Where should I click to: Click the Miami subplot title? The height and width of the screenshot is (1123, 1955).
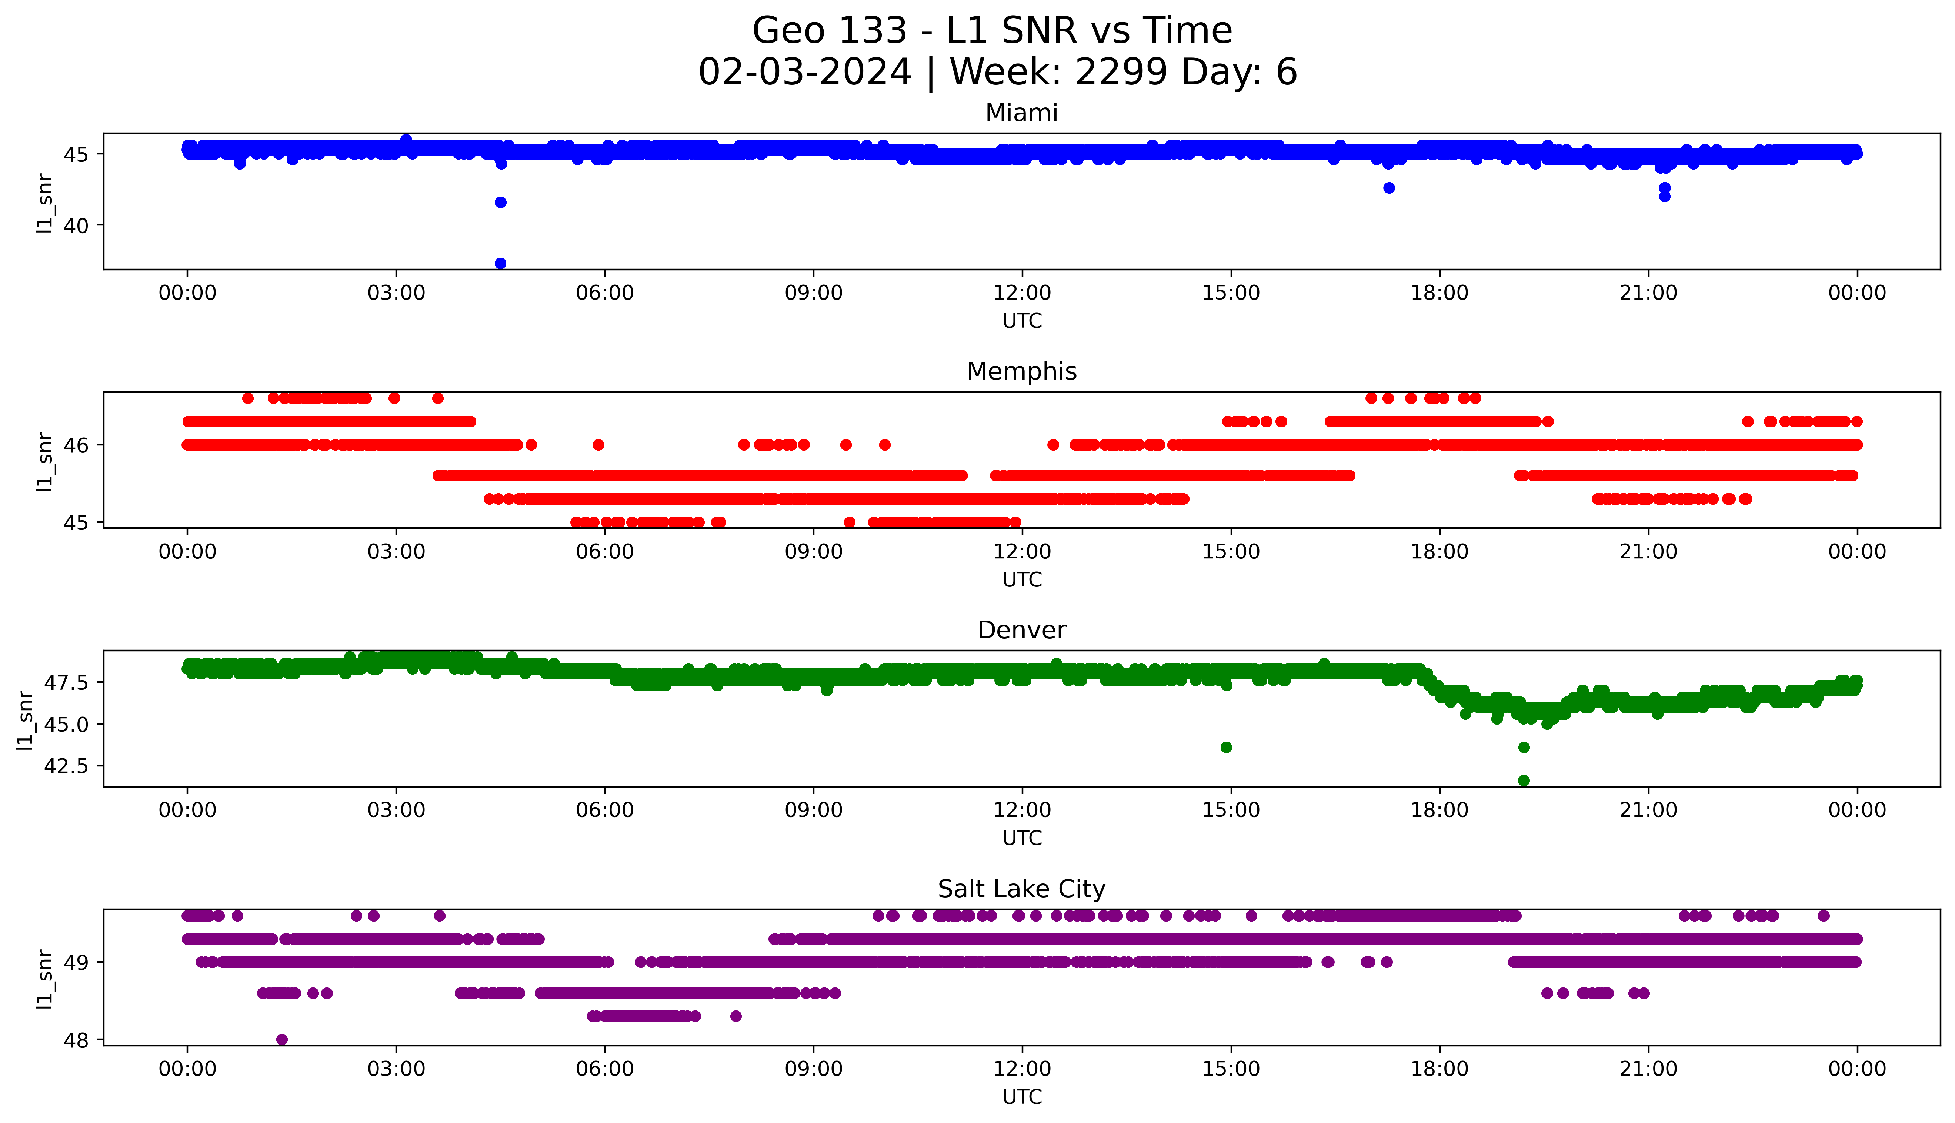click(x=1021, y=113)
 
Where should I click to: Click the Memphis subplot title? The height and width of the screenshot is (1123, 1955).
click(x=1021, y=372)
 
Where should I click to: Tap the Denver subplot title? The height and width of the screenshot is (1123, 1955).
click(x=1021, y=630)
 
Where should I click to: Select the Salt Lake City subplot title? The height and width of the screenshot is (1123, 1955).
click(x=1021, y=889)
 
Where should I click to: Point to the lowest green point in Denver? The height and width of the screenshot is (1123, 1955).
click(x=1524, y=781)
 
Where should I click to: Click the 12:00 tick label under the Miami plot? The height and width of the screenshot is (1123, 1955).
click(x=1022, y=293)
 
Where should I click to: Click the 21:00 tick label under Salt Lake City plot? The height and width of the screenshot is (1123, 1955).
click(x=1648, y=1069)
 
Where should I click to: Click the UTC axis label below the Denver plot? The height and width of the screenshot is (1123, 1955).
click(x=1022, y=838)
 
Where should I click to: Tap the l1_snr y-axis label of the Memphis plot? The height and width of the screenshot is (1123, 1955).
click(x=45, y=461)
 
